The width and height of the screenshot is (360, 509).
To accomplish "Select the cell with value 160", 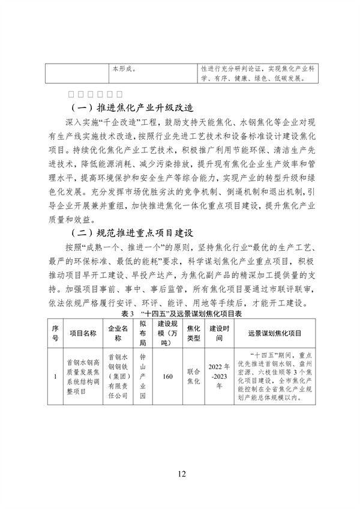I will pyautogui.click(x=167, y=377).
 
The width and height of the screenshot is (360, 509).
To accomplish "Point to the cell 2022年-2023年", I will pyautogui.click(x=219, y=377).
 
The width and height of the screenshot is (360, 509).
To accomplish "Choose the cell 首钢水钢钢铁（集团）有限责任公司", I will pyautogui.click(x=118, y=377).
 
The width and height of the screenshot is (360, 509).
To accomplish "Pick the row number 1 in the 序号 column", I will pyautogui.click(x=55, y=377).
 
